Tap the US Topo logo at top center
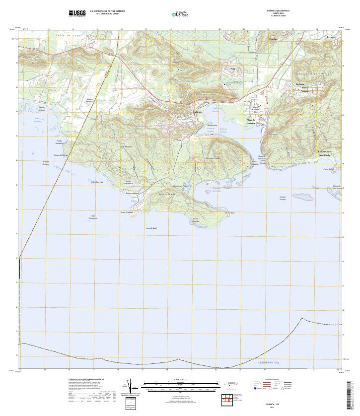pyautogui.click(x=180, y=14)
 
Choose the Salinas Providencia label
pyautogui.click(x=131, y=182)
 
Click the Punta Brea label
pyautogui.click(x=229, y=213)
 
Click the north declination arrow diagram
pyautogui.click(x=130, y=387)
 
